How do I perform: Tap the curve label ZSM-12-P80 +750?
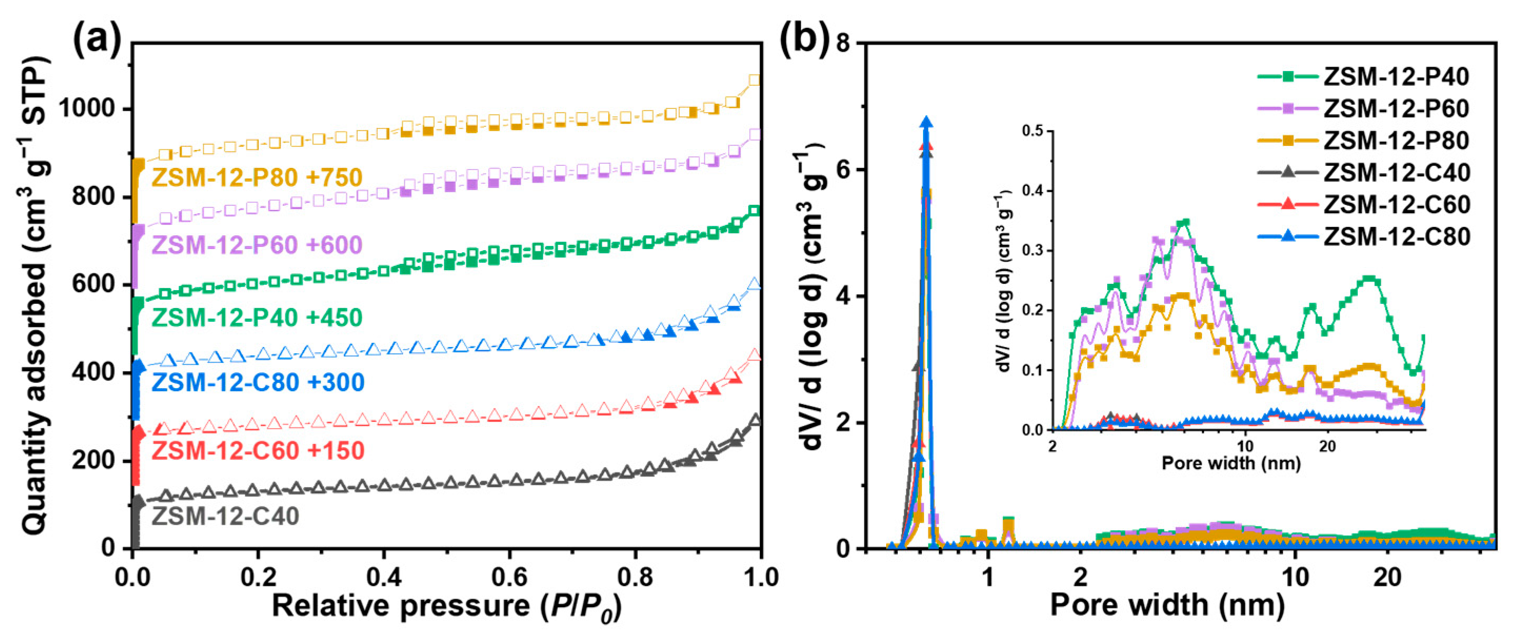(x=257, y=177)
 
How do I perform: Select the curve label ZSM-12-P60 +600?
(x=257, y=245)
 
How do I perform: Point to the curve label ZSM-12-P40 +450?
(x=257, y=318)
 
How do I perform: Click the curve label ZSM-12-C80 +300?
(x=258, y=382)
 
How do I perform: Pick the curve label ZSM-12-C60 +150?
(x=258, y=451)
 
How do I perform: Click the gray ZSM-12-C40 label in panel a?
(x=226, y=516)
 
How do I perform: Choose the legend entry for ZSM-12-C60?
(x=1396, y=204)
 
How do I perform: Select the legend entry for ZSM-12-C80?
(x=1396, y=236)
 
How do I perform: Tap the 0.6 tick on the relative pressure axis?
(x=509, y=577)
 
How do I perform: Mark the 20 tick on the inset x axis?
(x=1327, y=446)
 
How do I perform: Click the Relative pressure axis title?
(x=447, y=606)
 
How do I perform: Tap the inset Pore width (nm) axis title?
(x=1231, y=463)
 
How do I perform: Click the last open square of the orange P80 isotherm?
(x=754, y=80)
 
